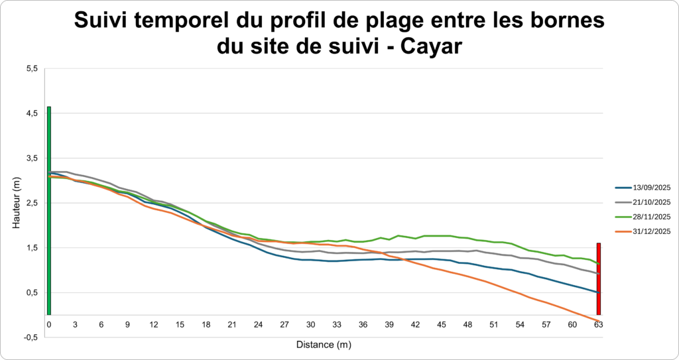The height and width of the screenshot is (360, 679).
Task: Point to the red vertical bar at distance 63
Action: (x=599, y=279)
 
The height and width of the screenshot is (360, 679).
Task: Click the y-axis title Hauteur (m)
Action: (x=17, y=203)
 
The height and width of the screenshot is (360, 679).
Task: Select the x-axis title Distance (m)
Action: (x=324, y=345)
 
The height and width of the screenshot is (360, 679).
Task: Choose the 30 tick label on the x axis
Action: (x=310, y=324)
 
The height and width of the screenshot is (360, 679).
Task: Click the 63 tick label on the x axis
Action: (x=599, y=324)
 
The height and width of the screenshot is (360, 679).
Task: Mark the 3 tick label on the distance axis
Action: (x=75, y=324)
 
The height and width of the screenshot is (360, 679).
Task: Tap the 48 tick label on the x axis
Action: (x=467, y=324)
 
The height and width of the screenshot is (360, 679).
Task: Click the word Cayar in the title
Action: (x=434, y=47)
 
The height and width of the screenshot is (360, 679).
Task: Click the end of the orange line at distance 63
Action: (x=599, y=322)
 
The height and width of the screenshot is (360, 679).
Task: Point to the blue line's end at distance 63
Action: (x=599, y=292)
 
